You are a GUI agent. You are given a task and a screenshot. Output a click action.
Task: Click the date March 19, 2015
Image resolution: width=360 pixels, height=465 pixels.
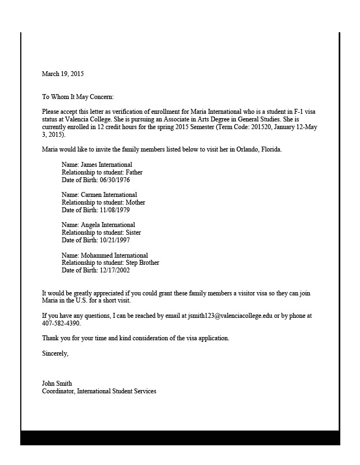tap(63, 74)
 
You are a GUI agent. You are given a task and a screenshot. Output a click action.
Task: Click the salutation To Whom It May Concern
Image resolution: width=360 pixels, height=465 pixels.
tap(78, 97)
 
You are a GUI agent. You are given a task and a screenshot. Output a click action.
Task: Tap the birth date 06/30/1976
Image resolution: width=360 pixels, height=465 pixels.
tap(114, 180)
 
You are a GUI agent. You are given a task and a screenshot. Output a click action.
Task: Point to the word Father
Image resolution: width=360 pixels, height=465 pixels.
tap(134, 172)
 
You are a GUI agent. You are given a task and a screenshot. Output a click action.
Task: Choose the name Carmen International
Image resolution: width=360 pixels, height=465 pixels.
tap(109, 195)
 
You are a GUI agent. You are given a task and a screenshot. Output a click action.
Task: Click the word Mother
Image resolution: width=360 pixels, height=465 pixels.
tap(135, 202)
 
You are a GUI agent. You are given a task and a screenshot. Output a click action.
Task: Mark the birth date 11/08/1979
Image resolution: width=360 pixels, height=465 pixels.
tap(114, 210)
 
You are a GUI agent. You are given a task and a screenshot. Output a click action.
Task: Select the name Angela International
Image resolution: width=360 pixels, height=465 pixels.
tap(108, 225)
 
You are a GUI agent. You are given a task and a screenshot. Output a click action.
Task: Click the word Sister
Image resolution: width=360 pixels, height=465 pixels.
tap(133, 233)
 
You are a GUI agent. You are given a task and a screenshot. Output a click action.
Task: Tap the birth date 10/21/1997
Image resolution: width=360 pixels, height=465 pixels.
tap(114, 240)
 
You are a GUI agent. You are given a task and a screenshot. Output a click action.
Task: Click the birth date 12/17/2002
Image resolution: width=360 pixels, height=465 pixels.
tap(114, 270)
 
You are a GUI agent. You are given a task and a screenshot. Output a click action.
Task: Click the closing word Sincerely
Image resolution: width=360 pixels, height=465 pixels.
tap(55, 353)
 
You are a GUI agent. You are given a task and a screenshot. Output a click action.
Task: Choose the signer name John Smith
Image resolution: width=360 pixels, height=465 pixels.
tap(57, 383)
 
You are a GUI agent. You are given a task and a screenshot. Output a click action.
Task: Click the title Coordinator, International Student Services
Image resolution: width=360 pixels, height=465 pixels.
tap(99, 391)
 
